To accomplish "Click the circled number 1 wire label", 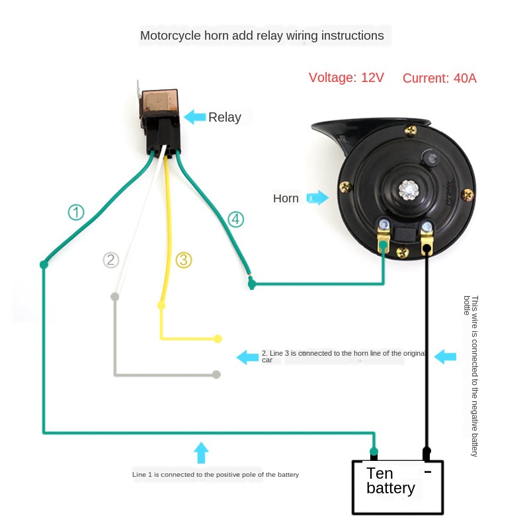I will (x=77, y=212).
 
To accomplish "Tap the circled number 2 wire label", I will (x=111, y=260).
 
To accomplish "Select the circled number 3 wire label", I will (x=184, y=260).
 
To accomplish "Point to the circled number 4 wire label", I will (x=236, y=220).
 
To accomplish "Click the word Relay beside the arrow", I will (x=225, y=118).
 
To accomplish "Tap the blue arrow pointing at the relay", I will (x=194, y=117).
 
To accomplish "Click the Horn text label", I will (x=286, y=198).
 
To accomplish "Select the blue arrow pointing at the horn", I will (x=318, y=198).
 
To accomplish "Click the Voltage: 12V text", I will (x=346, y=78).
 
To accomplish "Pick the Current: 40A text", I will (x=439, y=78).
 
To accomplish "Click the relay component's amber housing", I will (x=158, y=99).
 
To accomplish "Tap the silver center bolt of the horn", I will (x=407, y=189).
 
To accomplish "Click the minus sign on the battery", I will (x=427, y=471).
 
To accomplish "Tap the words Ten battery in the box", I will (x=390, y=481).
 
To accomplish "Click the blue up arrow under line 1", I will (x=202, y=453).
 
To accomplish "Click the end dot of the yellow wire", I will (x=218, y=339).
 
